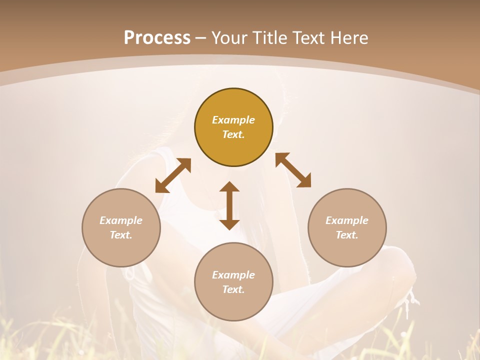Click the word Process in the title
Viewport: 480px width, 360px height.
click(157, 38)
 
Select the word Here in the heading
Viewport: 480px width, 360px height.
click(348, 38)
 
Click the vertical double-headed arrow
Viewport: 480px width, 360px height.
click(229, 205)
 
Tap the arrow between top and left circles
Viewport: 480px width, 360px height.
click(173, 175)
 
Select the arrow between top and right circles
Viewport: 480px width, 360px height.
click(293, 170)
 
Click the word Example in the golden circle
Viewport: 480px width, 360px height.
click(233, 120)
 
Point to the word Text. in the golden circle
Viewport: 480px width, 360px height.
click(233, 134)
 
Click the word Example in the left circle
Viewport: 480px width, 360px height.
click(121, 220)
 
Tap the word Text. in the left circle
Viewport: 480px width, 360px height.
click(121, 235)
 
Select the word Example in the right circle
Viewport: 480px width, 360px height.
click(347, 220)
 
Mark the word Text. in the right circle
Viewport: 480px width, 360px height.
click(347, 235)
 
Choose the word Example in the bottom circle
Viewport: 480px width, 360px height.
click(233, 275)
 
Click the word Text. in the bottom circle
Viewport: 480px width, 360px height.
click(233, 289)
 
